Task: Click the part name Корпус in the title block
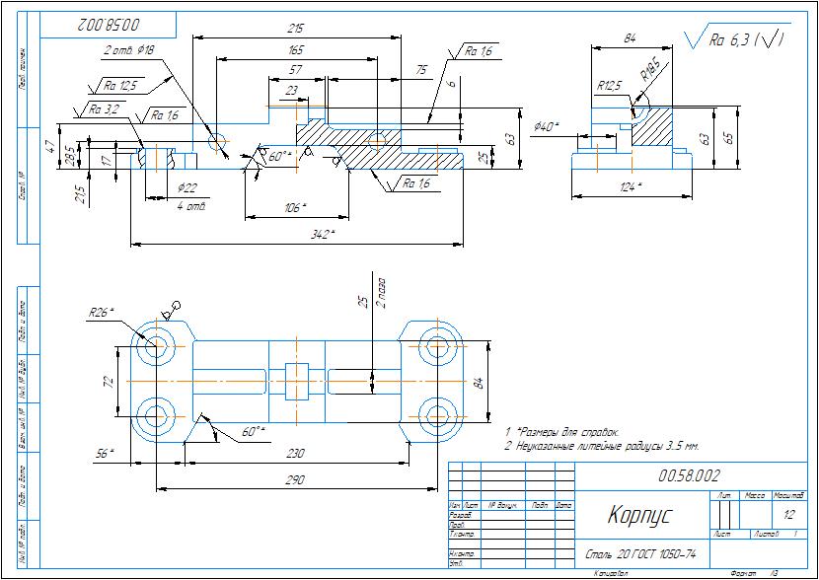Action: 638,515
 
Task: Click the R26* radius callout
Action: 101,312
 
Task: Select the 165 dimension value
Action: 295,48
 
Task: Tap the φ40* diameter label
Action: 546,126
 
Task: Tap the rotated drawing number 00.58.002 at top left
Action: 105,22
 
